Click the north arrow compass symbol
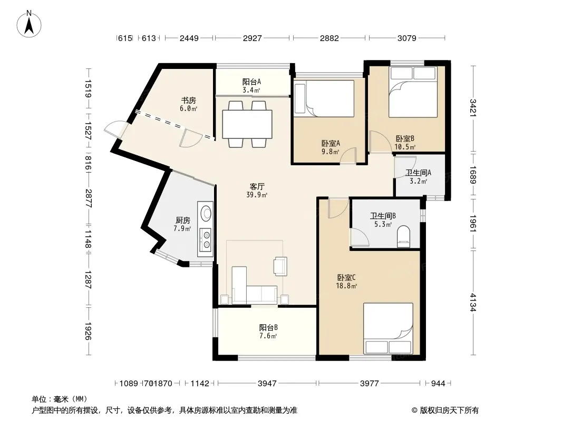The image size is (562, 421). (29, 24)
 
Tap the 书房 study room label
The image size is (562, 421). (188, 100)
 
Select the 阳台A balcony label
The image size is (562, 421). (251, 82)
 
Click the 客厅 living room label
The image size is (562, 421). (257, 186)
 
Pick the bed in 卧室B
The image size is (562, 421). (413, 92)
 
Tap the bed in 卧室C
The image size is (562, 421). (388, 329)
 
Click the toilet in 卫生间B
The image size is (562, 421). (404, 236)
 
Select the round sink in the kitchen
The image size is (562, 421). (206, 213)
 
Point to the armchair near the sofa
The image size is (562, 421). (280, 266)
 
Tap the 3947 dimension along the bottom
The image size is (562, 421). (267, 384)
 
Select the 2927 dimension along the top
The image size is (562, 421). (253, 38)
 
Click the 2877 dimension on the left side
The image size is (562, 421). (88, 198)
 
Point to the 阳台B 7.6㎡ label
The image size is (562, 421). (268, 331)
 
